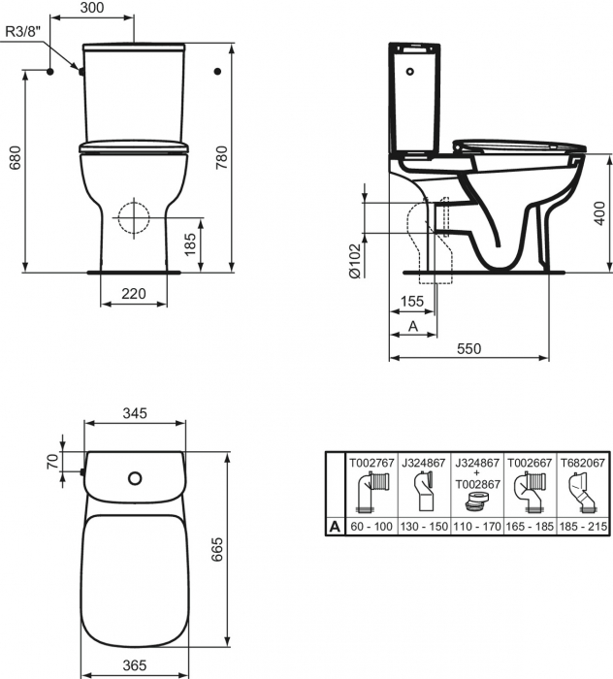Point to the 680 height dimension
pos(14,165)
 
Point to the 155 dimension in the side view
pos(411,302)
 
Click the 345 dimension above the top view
pos(134,413)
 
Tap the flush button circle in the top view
pos(135,477)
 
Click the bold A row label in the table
pos(335,527)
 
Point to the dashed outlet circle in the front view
pos(131,217)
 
